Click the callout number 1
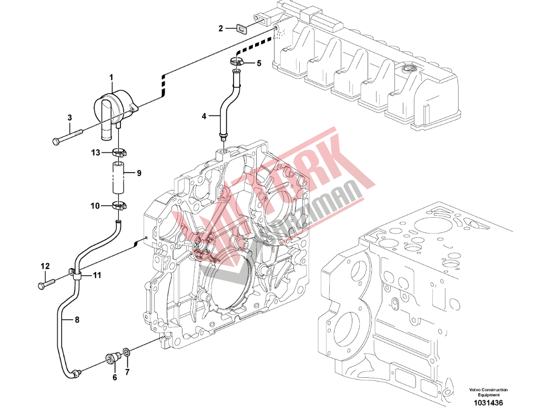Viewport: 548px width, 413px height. [x=111, y=78]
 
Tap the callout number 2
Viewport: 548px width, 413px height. [x=221, y=28]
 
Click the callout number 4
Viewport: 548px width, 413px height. [x=205, y=115]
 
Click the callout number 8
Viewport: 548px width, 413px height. [x=77, y=319]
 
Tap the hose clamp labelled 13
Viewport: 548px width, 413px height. [x=119, y=154]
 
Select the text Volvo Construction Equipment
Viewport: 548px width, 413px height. [x=489, y=391]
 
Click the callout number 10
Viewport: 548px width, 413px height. [x=94, y=206]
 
